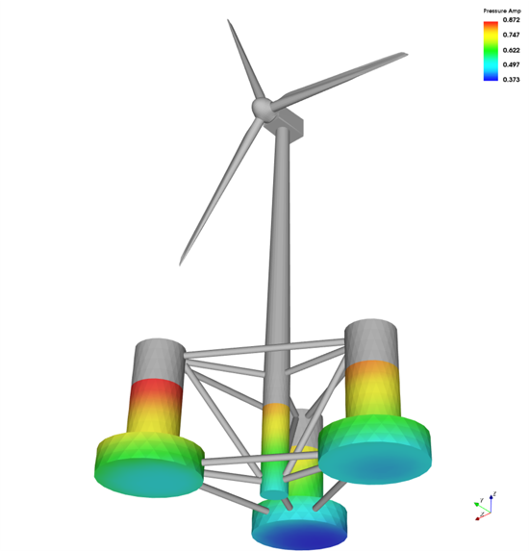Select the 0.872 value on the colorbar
(x=511, y=19)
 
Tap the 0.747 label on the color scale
(x=511, y=35)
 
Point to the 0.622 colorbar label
(x=511, y=50)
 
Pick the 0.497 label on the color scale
(x=511, y=65)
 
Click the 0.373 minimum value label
(x=511, y=81)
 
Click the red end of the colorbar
(x=491, y=22)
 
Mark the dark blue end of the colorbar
(x=491, y=79)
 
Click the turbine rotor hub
(x=261, y=109)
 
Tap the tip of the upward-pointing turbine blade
(x=229, y=20)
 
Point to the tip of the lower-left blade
(x=182, y=263)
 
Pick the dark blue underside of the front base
(x=300, y=534)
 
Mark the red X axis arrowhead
(x=478, y=517)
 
